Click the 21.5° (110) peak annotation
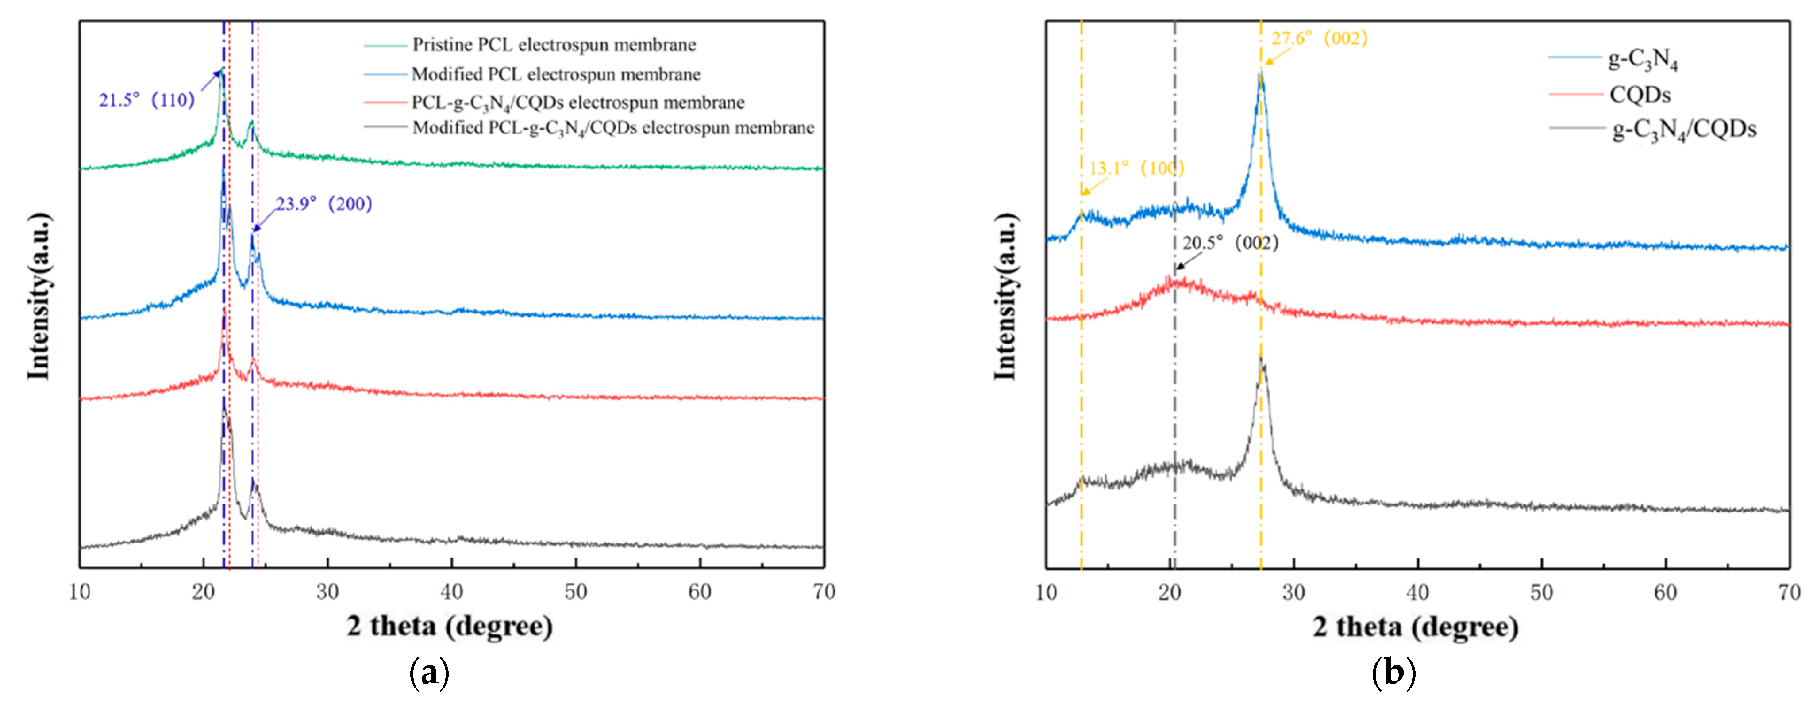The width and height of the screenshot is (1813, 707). click(146, 101)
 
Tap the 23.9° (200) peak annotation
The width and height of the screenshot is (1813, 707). click(324, 204)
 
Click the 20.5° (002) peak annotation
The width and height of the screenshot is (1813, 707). click(1230, 243)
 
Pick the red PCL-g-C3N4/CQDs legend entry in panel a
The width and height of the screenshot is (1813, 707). click(577, 103)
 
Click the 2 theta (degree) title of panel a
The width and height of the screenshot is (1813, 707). click(449, 626)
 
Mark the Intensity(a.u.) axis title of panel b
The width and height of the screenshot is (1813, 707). click(1005, 295)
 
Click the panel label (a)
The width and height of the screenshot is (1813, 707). click(429, 673)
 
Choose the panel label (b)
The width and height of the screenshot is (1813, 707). click(1393, 673)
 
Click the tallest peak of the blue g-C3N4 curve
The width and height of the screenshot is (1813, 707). click(1260, 74)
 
